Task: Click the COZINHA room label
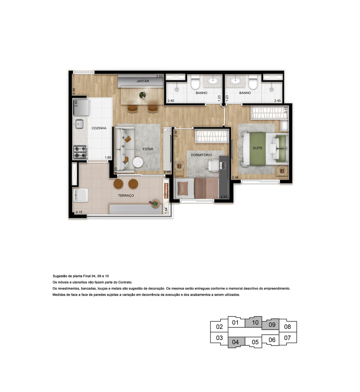[99, 128]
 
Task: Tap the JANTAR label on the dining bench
[143, 81]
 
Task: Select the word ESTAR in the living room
[148, 149]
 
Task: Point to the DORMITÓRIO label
[201, 155]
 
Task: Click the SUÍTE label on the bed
[257, 148]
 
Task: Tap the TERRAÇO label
[126, 195]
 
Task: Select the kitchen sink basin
[80, 124]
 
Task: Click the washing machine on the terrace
[80, 195]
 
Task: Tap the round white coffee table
[138, 162]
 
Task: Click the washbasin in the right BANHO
[236, 81]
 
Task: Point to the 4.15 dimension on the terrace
[79, 212]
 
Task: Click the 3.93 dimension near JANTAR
[159, 76]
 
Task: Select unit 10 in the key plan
[255, 322]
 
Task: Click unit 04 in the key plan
[235, 342]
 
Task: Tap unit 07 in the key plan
[287, 338]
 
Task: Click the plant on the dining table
[142, 95]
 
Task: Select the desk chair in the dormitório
[213, 166]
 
